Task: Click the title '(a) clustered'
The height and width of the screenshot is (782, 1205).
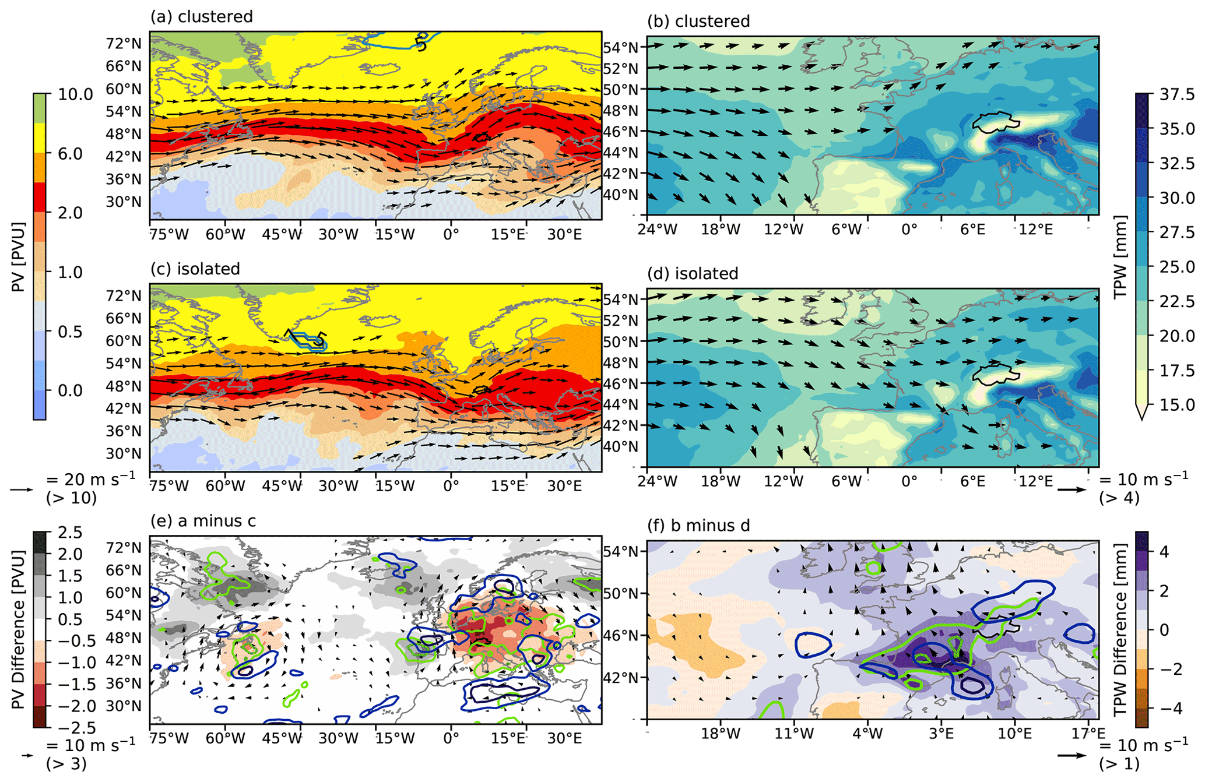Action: tap(201, 16)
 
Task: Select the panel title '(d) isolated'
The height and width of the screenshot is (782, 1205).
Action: tap(693, 273)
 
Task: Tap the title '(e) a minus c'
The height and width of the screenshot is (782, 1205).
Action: tap(203, 520)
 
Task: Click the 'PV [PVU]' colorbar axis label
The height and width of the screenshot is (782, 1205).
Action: tap(19, 256)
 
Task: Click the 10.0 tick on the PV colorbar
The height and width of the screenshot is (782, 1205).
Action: tap(75, 94)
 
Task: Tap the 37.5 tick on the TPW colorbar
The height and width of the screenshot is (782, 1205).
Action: tap(1176, 94)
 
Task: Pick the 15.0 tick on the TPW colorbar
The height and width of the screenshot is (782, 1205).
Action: tap(1176, 404)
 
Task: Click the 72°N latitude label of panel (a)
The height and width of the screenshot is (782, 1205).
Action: tap(124, 44)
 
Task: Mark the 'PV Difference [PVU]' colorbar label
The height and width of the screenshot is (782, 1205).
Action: tap(19, 629)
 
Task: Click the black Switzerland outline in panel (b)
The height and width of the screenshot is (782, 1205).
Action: tap(995, 122)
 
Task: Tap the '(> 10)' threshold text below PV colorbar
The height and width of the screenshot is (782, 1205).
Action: tap(71, 498)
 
